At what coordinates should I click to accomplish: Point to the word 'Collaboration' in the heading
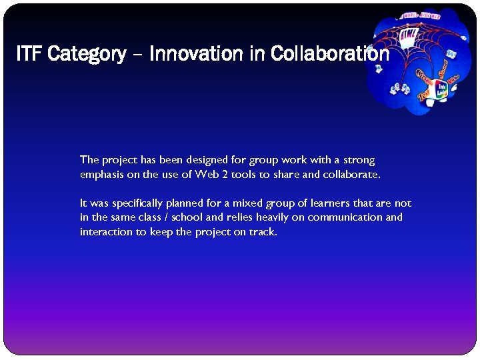[330, 54]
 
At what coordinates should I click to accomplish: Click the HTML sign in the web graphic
[408, 35]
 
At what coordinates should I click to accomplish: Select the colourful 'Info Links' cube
[441, 90]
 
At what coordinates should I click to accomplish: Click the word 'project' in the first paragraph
[119, 160]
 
